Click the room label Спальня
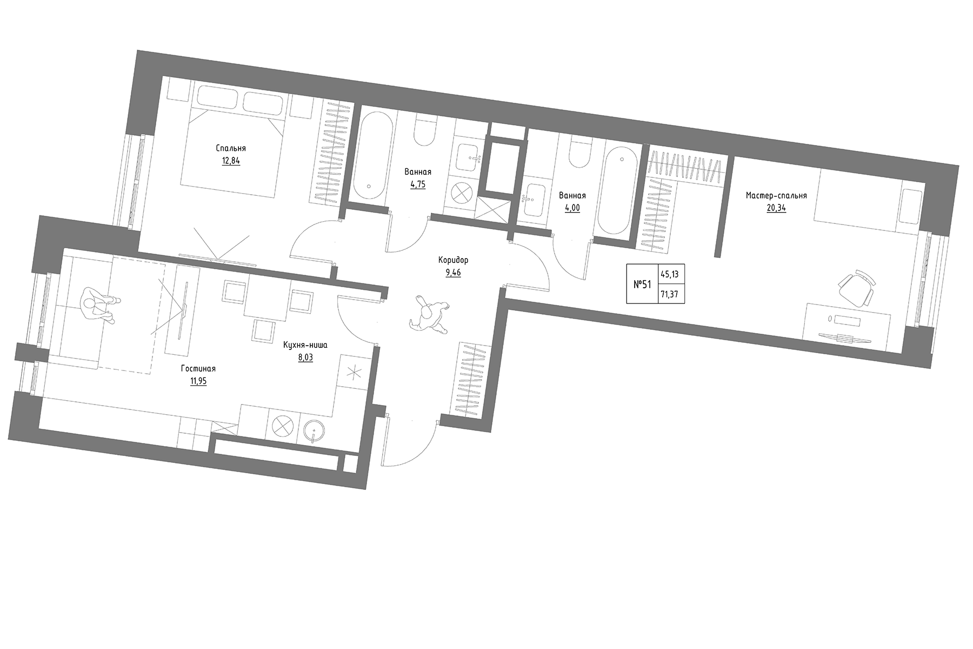click(x=231, y=148)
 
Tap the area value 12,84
click(x=231, y=161)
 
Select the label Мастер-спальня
click(x=776, y=196)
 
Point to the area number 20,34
click(x=776, y=208)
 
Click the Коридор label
click(x=453, y=260)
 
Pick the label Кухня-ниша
click(x=305, y=345)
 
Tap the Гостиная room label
click(x=198, y=369)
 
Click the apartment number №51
click(x=642, y=284)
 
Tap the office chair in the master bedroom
click(x=856, y=290)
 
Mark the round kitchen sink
click(x=314, y=431)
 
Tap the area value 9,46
click(x=453, y=273)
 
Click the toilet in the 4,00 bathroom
click(x=579, y=154)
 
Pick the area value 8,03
click(x=305, y=357)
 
